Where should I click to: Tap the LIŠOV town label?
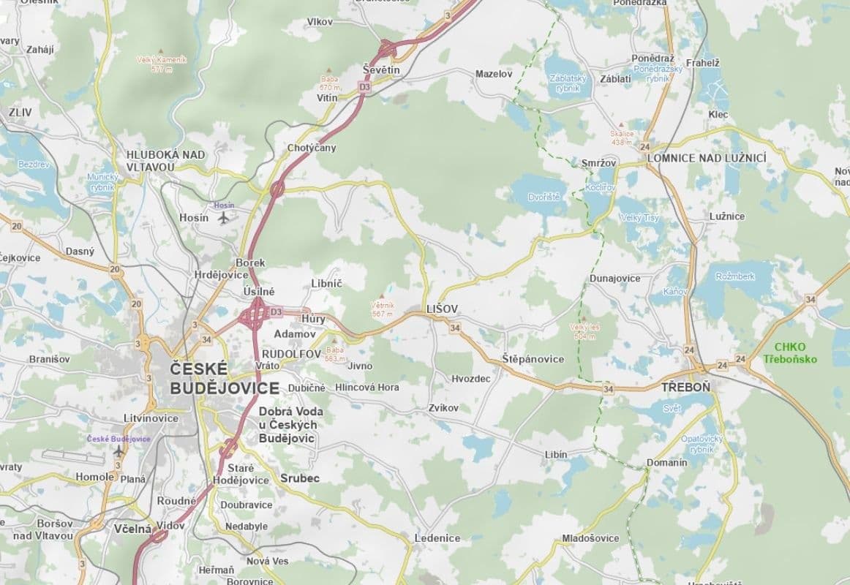(442, 309)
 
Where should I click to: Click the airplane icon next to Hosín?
(223, 217)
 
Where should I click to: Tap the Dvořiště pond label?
(544, 197)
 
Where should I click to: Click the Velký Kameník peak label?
(162, 60)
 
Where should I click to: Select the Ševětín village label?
(382, 69)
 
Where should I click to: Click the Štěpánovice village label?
(533, 359)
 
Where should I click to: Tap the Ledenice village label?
(437, 538)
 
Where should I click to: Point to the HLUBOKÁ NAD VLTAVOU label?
(165, 160)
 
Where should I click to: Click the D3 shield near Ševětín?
(364, 86)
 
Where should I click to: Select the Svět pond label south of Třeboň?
(672, 408)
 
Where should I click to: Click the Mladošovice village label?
(590, 538)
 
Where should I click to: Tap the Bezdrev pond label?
(33, 165)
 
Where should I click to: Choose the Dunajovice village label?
(614, 279)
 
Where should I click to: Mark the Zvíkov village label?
(444, 407)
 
